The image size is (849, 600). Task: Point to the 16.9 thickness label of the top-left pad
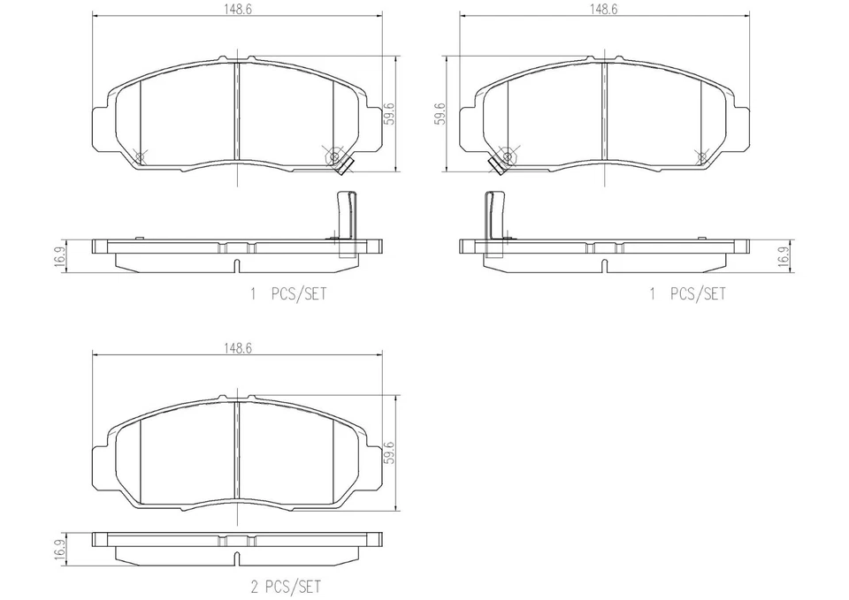pyautogui.click(x=59, y=256)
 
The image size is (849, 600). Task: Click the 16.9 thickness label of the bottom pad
pyautogui.click(x=59, y=550)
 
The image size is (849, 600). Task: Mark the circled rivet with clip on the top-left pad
pyautogui.click(x=334, y=157)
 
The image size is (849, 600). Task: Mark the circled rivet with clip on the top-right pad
pyautogui.click(x=507, y=157)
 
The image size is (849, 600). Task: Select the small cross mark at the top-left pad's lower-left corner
pyautogui.click(x=140, y=156)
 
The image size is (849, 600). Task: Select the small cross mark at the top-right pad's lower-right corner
pyautogui.click(x=702, y=156)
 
